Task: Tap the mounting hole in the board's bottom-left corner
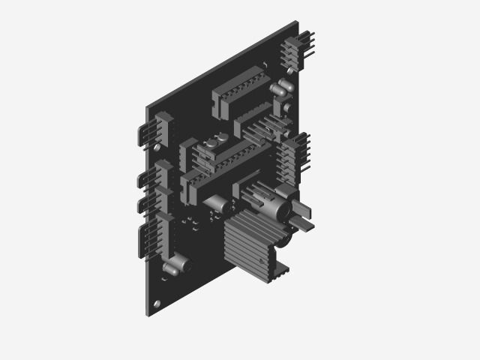(157, 303)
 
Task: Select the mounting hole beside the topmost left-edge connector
(157, 148)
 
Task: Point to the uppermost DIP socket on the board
(238, 91)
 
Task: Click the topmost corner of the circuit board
(297, 22)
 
